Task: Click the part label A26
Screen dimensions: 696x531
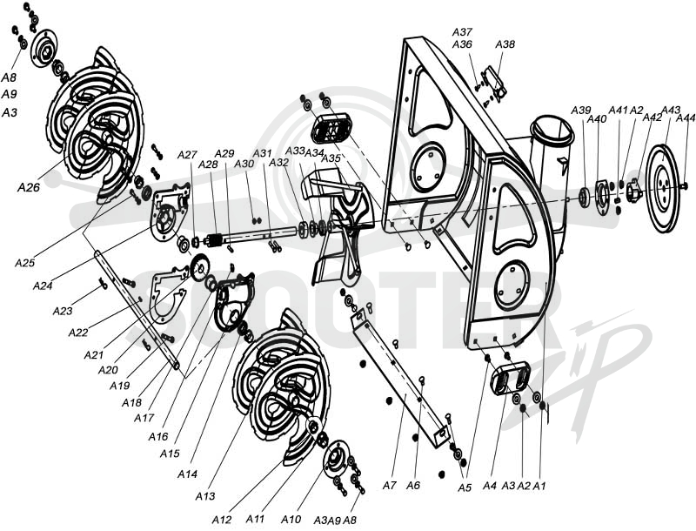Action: (x=29, y=187)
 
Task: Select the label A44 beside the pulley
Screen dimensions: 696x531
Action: (x=686, y=118)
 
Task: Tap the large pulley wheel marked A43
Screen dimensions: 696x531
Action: (x=664, y=187)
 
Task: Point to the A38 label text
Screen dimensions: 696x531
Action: (x=505, y=44)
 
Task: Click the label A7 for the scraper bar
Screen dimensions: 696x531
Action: (x=389, y=485)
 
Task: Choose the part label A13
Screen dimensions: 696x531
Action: (x=205, y=496)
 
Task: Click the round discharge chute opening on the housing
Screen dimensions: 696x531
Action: (x=553, y=130)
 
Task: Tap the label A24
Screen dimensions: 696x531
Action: (x=43, y=286)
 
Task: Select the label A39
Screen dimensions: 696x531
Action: (x=580, y=110)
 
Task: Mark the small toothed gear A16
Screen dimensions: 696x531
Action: (x=199, y=268)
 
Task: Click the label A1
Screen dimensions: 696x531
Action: (x=539, y=486)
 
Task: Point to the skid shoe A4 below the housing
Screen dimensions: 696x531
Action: (x=511, y=377)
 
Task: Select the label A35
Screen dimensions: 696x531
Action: (x=331, y=158)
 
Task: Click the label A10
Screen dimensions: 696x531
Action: (x=291, y=519)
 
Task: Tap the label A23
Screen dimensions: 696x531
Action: (x=62, y=311)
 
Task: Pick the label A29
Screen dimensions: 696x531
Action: (x=224, y=153)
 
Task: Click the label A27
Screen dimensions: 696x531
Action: (x=187, y=154)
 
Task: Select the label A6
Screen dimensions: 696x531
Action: (x=412, y=485)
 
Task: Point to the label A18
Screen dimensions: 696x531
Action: (x=132, y=402)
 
